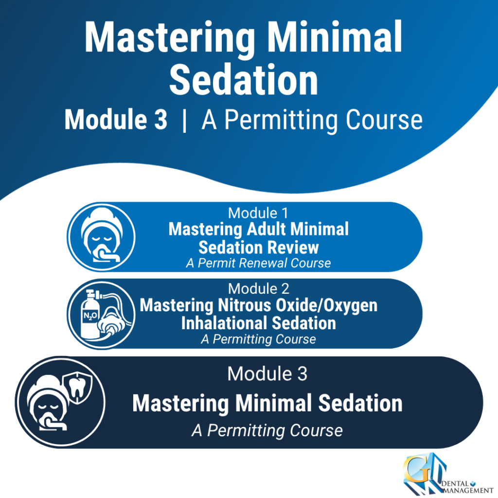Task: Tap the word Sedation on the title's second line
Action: click(244, 79)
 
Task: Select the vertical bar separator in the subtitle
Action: click(184, 121)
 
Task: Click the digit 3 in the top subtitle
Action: click(160, 120)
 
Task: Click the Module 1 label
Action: click(258, 213)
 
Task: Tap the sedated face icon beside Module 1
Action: click(102, 236)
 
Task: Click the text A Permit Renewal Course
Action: click(258, 263)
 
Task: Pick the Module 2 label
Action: click(259, 289)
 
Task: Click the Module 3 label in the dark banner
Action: click(267, 373)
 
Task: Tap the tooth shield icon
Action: click(77, 388)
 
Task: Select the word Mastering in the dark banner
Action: click(180, 403)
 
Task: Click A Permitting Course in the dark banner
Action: click(267, 431)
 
